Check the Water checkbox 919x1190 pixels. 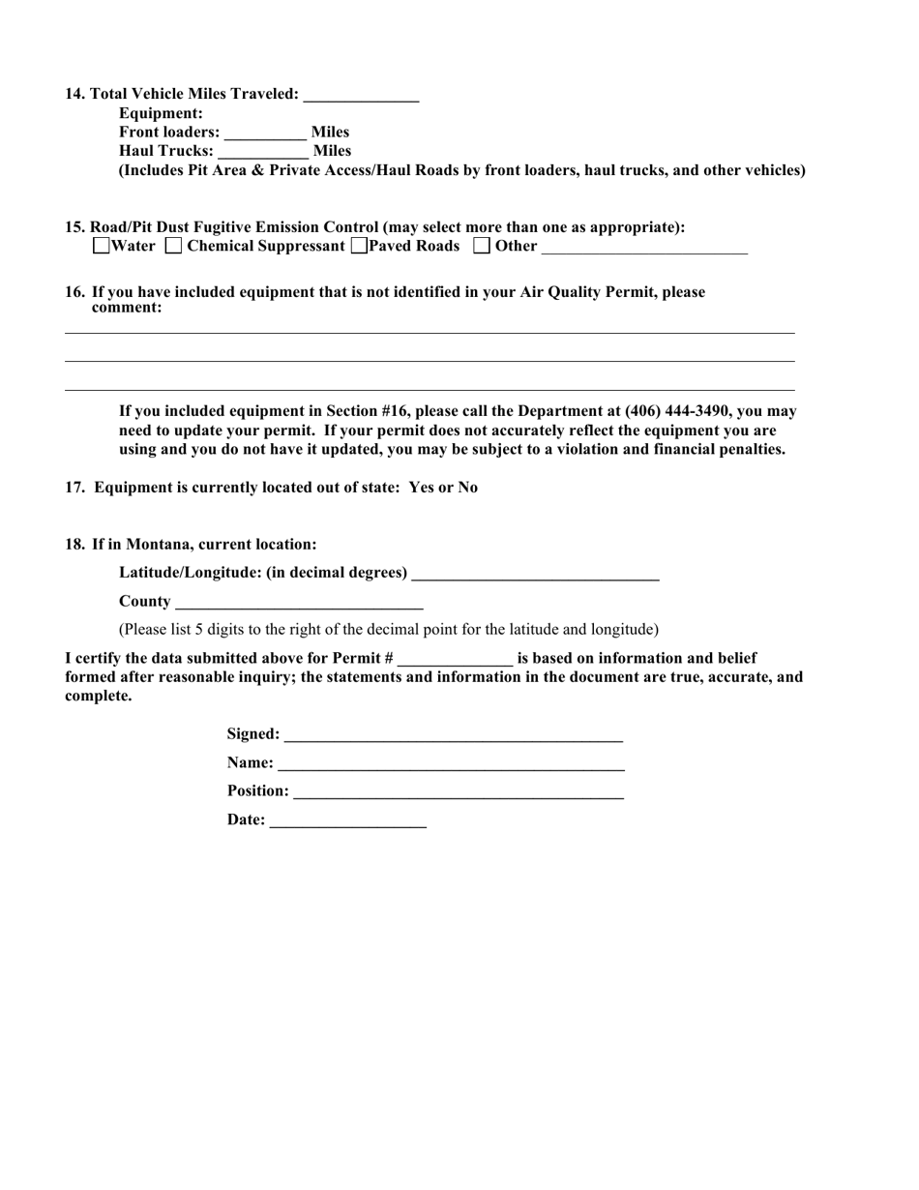click(x=102, y=246)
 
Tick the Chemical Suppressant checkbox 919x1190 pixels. click(x=173, y=246)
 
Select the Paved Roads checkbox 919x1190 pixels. click(x=359, y=246)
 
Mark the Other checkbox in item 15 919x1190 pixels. click(x=482, y=246)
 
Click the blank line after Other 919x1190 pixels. click(x=644, y=248)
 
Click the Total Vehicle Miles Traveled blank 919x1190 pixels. click(x=361, y=95)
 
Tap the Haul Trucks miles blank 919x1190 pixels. click(x=263, y=153)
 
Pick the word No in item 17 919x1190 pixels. click(x=467, y=487)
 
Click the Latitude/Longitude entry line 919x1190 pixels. click(x=535, y=574)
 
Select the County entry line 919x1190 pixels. click(x=299, y=603)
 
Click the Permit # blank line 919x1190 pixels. click(x=455, y=660)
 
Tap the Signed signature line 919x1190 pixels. click(x=453, y=735)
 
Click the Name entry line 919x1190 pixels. click(x=451, y=764)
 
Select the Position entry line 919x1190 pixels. click(x=458, y=792)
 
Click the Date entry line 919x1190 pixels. click(x=347, y=821)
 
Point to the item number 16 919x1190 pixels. click(x=75, y=292)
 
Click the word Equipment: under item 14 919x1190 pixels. click(x=161, y=113)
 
